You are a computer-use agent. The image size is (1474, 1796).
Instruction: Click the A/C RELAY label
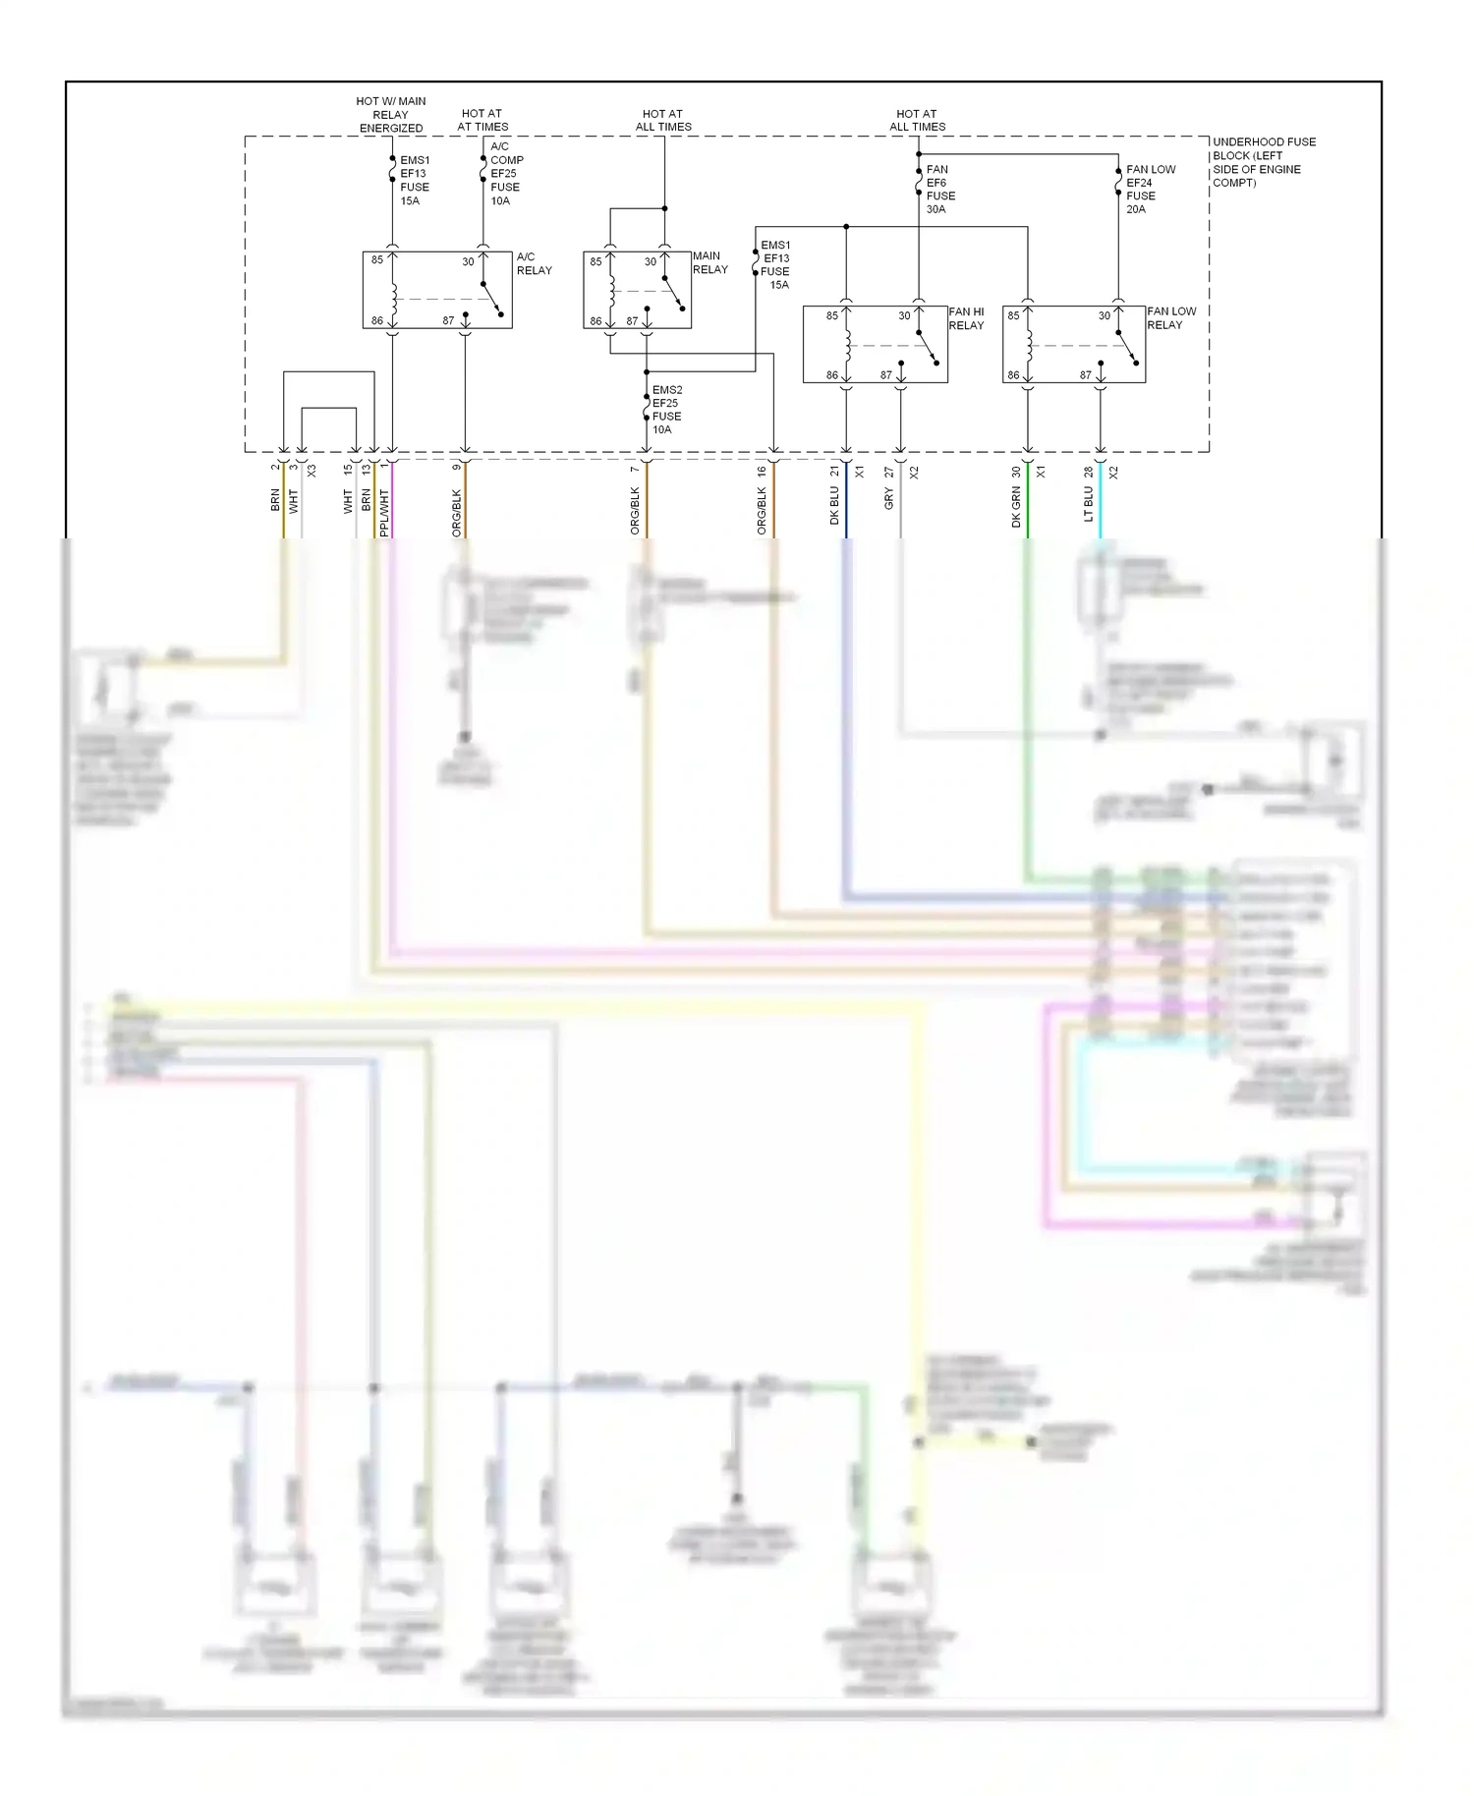coord(534,263)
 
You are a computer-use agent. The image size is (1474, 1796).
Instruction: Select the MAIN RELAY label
coord(709,262)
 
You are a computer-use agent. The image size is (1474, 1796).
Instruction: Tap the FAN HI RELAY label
coord(966,318)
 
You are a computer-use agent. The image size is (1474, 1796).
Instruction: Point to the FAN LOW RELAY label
coord(1170,317)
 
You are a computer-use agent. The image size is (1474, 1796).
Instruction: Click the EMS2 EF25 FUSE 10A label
coord(666,410)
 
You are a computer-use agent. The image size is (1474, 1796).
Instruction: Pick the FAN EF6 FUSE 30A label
coord(939,190)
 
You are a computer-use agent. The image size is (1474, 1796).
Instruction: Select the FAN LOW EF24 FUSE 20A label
coord(1149,190)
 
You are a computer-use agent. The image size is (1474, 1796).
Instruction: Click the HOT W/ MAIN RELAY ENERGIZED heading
coord(390,115)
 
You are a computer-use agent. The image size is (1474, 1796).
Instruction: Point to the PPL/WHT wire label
coord(384,512)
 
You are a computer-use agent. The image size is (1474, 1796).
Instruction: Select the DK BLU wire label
coord(834,505)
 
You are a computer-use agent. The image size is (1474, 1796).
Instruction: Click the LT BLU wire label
coord(1088,504)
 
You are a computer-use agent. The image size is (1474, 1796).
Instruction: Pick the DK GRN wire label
coord(1016,507)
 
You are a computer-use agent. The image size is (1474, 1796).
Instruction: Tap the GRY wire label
coord(888,500)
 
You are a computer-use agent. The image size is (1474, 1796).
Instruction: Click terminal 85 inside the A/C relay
coord(377,260)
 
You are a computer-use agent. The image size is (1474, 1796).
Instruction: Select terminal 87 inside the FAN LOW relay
coord(1085,375)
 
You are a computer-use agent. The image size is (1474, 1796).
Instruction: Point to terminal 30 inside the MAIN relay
coord(650,262)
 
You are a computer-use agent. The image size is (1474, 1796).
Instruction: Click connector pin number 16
coord(762,472)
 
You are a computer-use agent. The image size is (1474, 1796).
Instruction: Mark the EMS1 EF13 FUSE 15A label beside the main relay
coord(774,265)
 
